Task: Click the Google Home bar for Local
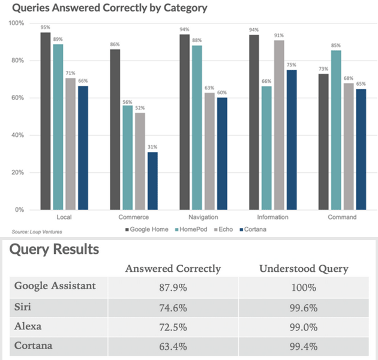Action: coord(46,121)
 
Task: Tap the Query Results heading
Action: coord(54,249)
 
